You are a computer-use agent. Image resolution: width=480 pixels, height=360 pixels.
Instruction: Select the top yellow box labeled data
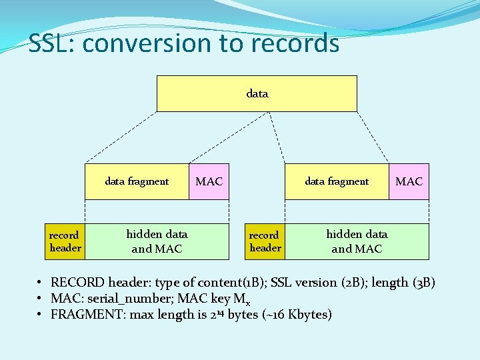coord(257,93)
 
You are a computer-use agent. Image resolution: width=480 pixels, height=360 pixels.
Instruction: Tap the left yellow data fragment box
coord(137,181)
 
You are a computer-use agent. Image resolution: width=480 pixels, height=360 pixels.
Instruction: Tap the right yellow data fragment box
coord(337,181)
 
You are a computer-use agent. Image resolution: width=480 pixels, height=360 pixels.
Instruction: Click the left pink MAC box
coord(209,181)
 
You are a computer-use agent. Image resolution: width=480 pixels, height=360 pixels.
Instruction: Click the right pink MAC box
coord(409,181)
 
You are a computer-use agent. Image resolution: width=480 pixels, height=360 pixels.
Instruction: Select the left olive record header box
coord(65,241)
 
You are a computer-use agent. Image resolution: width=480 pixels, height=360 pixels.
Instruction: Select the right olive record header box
coord(265,241)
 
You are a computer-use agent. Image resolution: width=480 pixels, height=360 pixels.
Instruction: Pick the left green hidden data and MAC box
coord(157,241)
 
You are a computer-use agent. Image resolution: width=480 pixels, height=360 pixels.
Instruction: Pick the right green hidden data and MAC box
coord(357,241)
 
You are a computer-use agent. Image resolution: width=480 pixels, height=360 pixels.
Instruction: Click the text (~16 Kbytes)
coord(297,314)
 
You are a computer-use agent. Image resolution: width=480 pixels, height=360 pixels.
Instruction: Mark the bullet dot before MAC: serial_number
coord(41,298)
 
